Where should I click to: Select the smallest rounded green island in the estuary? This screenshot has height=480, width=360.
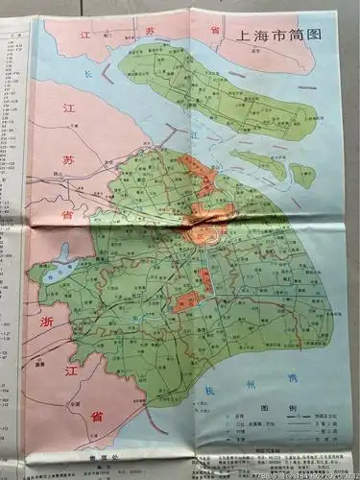click(303, 175)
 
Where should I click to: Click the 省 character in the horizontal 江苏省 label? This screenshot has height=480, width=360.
click(215, 31)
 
